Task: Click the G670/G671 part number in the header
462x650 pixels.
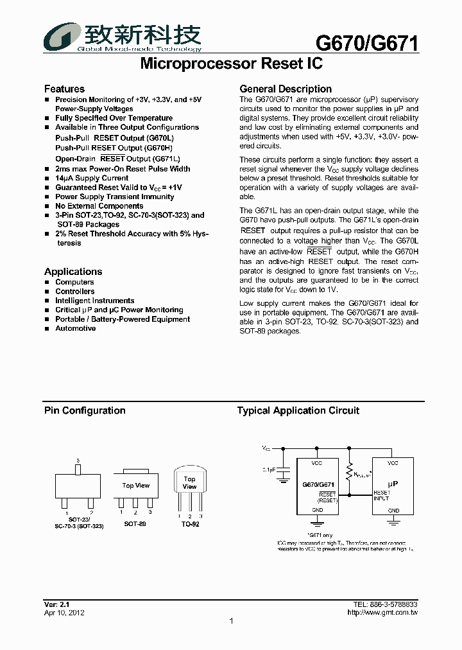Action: point(367,43)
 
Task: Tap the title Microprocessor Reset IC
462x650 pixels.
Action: point(230,64)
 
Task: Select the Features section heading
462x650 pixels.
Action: point(64,89)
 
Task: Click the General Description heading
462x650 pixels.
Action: point(286,89)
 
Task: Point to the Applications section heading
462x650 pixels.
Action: point(73,272)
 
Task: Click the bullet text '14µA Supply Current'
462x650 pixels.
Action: point(92,178)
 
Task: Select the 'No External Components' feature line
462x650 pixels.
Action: point(99,206)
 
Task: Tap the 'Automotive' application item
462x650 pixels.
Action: point(75,328)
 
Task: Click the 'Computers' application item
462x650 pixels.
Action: point(74,282)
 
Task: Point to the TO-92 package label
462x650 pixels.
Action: point(190,524)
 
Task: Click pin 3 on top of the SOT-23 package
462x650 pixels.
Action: point(78,469)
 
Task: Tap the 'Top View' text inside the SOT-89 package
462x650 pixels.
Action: point(135,486)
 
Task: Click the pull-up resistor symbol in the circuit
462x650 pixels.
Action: point(349,474)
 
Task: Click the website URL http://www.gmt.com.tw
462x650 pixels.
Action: point(382,613)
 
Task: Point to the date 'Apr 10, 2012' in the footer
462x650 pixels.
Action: point(64,613)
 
